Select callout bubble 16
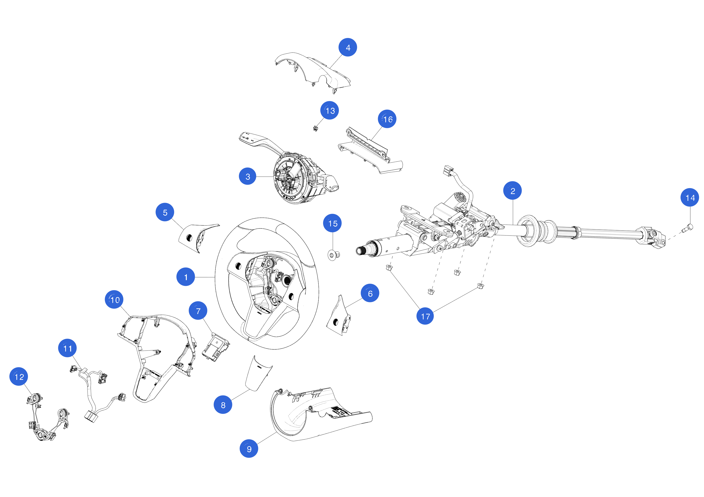coord(387,119)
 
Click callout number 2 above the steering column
coord(512,191)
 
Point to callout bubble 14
coord(690,198)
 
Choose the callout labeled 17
coord(425,316)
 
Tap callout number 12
coord(19,376)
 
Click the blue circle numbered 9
coord(249,449)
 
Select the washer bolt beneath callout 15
coord(333,255)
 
